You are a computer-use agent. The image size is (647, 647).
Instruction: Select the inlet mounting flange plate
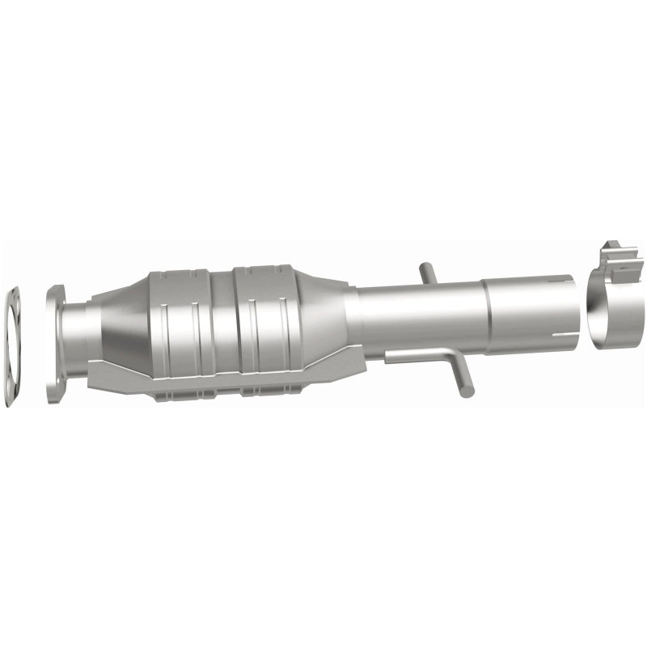[x=57, y=344]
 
